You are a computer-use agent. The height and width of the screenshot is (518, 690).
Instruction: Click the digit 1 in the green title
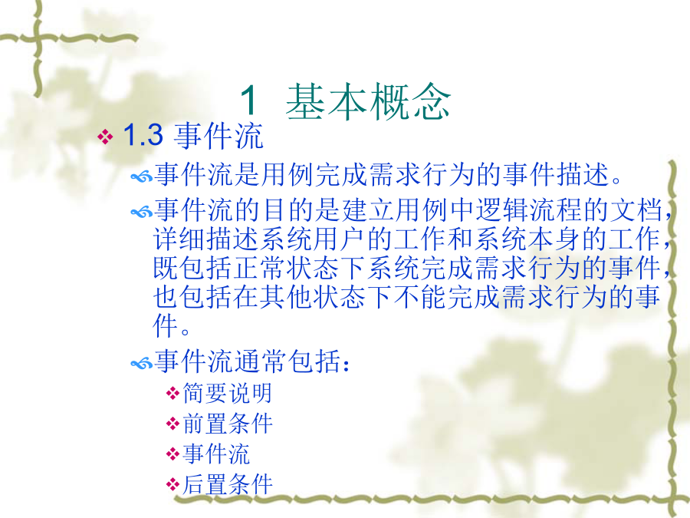249,101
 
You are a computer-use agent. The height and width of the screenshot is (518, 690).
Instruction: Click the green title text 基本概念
368,101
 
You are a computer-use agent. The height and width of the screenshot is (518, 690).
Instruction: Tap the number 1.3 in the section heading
143,135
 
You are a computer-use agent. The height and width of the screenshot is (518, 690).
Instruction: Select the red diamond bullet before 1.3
106,136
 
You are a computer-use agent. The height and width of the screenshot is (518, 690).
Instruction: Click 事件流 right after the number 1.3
219,135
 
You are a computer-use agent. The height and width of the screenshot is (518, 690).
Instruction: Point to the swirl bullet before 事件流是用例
142,177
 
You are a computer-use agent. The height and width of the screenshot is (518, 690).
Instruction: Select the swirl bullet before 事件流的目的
142,213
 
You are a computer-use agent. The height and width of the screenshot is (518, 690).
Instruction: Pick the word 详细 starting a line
179,239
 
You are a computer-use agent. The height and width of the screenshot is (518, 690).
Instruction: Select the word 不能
421,296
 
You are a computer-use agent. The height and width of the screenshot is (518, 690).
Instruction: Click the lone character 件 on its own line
166,325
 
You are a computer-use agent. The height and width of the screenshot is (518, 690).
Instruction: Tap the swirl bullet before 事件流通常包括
142,364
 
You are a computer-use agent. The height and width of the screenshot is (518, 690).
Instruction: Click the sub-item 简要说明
228,393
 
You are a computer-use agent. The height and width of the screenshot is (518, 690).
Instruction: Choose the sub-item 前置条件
228,424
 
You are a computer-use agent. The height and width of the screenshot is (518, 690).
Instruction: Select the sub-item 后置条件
228,484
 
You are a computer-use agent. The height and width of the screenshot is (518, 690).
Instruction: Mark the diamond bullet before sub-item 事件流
173,454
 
